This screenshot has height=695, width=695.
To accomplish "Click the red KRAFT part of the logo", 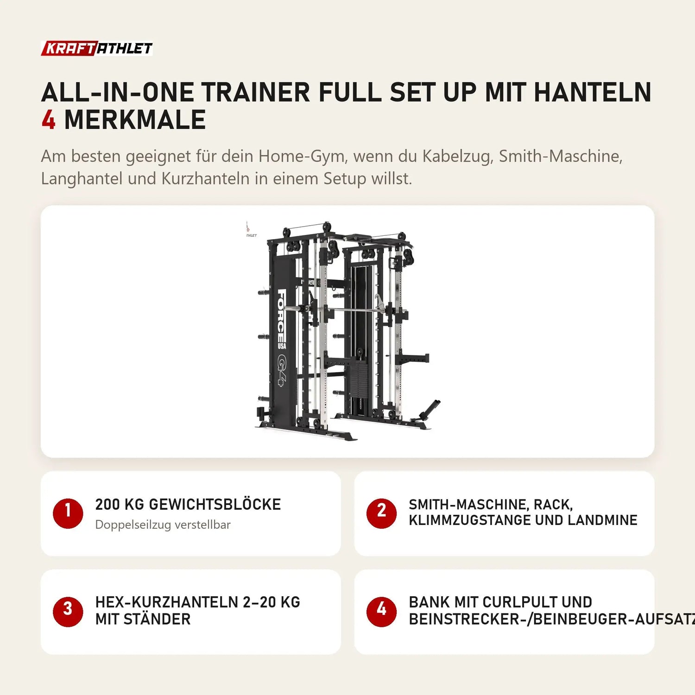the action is pyautogui.click(x=69, y=48).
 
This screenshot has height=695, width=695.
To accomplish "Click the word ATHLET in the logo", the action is pyautogui.click(x=125, y=48).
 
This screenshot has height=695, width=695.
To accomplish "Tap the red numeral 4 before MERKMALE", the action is pyautogui.click(x=48, y=120).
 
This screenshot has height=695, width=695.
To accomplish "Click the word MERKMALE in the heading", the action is pyautogui.click(x=135, y=120).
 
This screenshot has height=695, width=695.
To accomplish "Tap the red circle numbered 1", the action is pyautogui.click(x=68, y=513).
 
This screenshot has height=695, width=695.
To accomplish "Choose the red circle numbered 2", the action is pyautogui.click(x=381, y=513).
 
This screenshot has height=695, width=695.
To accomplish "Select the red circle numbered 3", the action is pyautogui.click(x=68, y=612).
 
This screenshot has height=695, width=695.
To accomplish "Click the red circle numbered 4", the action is pyautogui.click(x=381, y=612).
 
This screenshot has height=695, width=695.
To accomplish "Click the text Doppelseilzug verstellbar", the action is pyautogui.click(x=163, y=525).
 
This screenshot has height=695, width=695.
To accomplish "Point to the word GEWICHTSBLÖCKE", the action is pyautogui.click(x=215, y=504).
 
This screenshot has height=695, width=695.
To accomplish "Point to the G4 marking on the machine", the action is pyautogui.click(x=282, y=369).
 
